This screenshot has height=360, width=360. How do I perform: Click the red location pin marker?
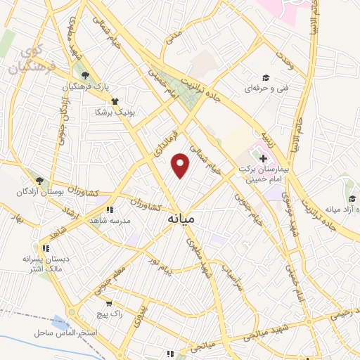click(x=181, y=166)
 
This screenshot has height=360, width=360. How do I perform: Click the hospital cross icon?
click(x=262, y=160)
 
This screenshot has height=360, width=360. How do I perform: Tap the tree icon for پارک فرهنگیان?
click(x=85, y=75)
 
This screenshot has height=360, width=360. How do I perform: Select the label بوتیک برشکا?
click(x=118, y=112)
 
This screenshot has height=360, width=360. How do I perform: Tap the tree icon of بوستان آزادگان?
click(x=40, y=181)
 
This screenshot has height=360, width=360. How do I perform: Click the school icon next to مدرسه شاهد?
click(x=109, y=209)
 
